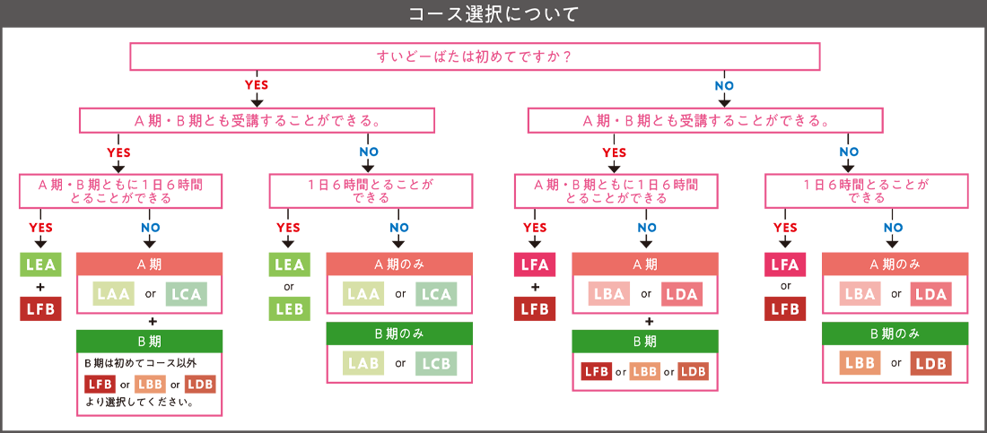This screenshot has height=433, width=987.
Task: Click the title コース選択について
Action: (x=493, y=13)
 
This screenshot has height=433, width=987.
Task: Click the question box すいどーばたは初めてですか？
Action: (x=475, y=56)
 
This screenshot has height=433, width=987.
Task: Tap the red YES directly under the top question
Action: (x=257, y=85)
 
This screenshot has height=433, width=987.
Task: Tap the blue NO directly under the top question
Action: (x=724, y=85)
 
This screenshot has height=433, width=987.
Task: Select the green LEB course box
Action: (x=289, y=308)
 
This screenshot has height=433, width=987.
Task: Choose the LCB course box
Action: (x=436, y=363)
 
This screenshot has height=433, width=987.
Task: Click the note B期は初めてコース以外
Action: (x=140, y=362)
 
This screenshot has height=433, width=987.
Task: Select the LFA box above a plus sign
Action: (x=535, y=265)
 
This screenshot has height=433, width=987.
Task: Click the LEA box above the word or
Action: (x=289, y=265)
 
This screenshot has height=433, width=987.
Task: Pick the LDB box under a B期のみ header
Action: (x=930, y=363)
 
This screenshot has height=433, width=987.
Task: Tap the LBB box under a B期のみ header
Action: (x=860, y=363)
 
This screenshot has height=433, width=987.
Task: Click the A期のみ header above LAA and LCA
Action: (x=399, y=264)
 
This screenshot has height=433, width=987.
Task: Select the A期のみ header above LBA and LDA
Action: (x=895, y=264)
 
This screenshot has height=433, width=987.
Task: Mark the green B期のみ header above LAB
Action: (x=399, y=333)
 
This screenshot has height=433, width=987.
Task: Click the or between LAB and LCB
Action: (x=400, y=363)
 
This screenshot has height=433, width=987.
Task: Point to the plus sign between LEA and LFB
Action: (x=39, y=287)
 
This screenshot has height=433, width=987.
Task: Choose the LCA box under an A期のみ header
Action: (x=436, y=294)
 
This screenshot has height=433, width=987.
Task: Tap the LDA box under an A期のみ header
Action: (x=930, y=294)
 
